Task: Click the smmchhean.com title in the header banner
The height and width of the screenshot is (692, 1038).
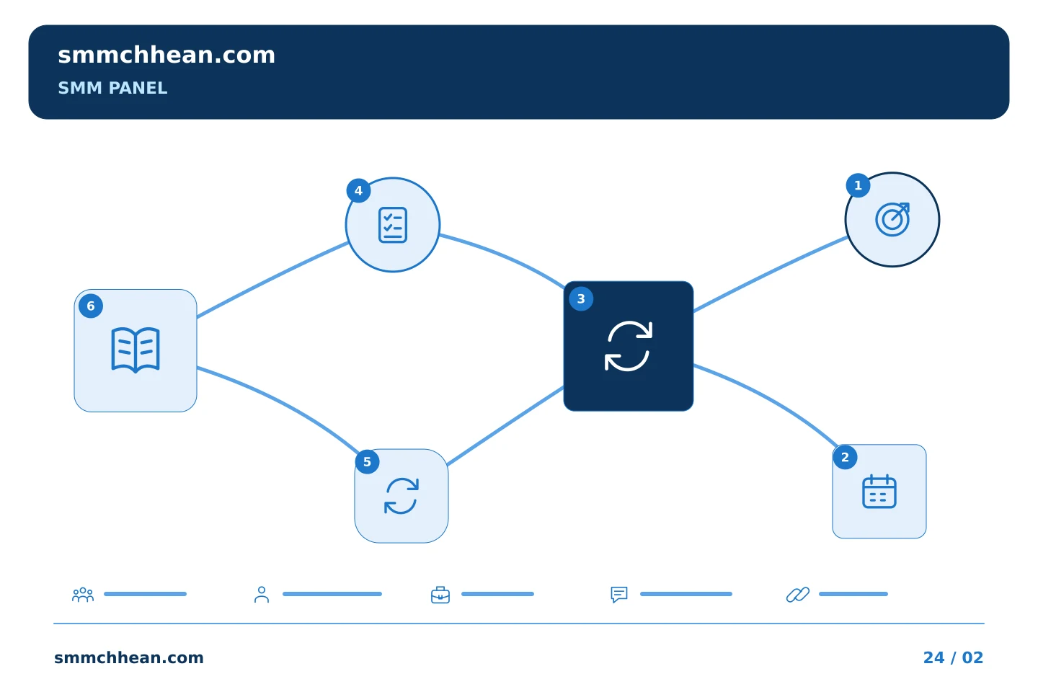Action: pyautogui.click(x=167, y=56)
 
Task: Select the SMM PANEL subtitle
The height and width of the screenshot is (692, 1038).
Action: pyautogui.click(x=112, y=88)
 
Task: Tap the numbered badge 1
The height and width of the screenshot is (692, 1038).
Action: pyautogui.click(x=858, y=185)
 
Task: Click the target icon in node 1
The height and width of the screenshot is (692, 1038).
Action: pyautogui.click(x=892, y=219)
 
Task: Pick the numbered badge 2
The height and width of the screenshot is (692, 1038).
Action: pyautogui.click(x=845, y=458)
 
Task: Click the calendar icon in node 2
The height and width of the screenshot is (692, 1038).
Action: pyautogui.click(x=879, y=492)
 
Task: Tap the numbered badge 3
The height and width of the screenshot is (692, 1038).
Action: pyautogui.click(x=581, y=299)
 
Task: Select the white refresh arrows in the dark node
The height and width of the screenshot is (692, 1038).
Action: pyautogui.click(x=629, y=346)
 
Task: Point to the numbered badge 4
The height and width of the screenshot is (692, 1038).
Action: pyautogui.click(x=358, y=190)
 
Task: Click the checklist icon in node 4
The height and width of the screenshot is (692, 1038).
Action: pyautogui.click(x=392, y=225)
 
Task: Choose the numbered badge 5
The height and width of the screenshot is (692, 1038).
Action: pyautogui.click(x=367, y=461)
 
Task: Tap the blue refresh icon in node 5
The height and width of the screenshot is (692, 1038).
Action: pyautogui.click(x=402, y=496)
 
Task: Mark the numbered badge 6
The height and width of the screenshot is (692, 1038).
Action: pyautogui.click(x=90, y=306)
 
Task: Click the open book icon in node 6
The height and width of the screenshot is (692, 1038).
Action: pyautogui.click(x=136, y=350)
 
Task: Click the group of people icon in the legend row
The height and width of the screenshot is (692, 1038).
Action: pyautogui.click(x=83, y=594)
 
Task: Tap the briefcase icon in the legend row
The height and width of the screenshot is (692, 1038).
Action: pyautogui.click(x=440, y=595)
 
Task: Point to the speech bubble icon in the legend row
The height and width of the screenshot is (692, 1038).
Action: pyautogui.click(x=619, y=594)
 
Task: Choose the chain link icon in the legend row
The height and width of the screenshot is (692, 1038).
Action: pyautogui.click(x=798, y=594)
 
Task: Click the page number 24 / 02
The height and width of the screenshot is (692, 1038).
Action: pyautogui.click(x=953, y=657)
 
